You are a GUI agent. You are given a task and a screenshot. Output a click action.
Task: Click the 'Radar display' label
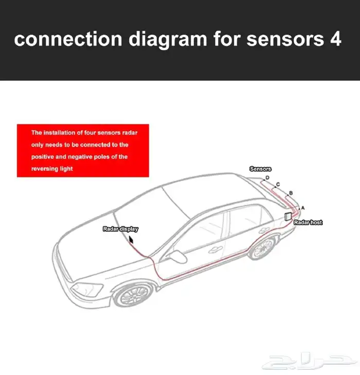(x=120, y=229)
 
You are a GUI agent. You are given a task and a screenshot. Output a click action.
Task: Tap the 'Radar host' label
(x=308, y=222)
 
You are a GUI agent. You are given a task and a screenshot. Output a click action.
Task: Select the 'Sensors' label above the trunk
(x=260, y=169)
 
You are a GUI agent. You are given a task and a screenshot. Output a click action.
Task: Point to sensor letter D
(x=267, y=177)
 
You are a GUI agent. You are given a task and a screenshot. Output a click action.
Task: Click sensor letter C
(x=278, y=184)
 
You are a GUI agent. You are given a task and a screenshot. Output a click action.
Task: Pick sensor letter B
(x=291, y=193)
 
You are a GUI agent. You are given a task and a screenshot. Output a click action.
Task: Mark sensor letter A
(x=303, y=208)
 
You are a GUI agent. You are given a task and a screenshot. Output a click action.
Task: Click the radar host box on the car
(x=288, y=216)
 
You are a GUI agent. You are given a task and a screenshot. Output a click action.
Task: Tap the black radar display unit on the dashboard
(x=131, y=239)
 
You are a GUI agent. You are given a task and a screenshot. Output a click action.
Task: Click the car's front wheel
(x=133, y=295)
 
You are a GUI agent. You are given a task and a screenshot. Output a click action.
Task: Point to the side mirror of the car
(x=177, y=256)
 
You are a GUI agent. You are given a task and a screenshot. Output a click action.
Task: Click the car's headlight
(x=87, y=290)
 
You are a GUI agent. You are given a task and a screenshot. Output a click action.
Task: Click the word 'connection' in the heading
(x=68, y=39)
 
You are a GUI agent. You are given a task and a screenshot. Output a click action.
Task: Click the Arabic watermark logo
(x=310, y=361)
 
